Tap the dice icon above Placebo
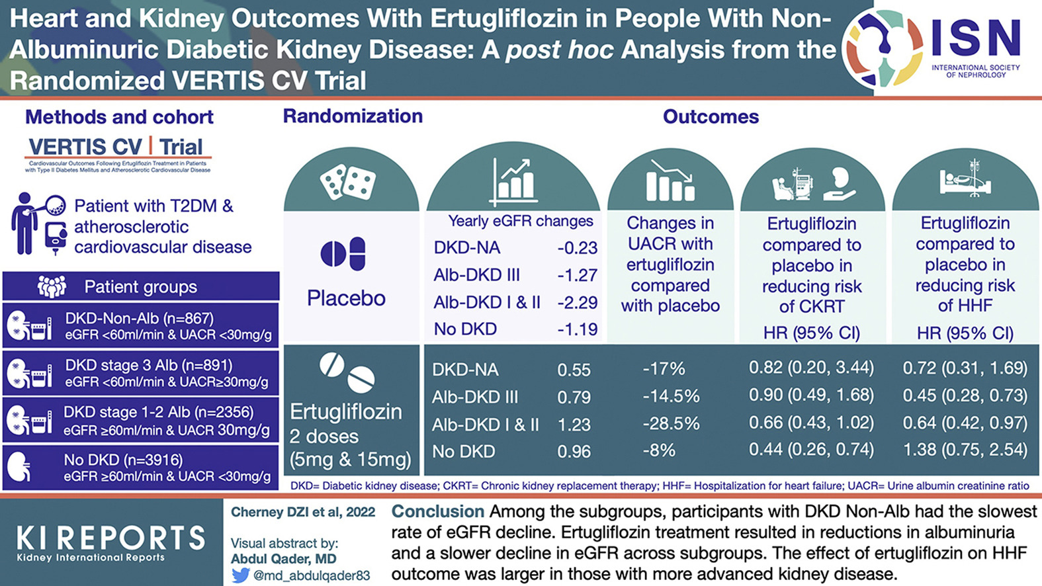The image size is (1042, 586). click(x=348, y=181)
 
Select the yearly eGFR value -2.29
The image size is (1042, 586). click(x=577, y=302)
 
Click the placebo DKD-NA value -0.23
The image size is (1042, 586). click(x=577, y=248)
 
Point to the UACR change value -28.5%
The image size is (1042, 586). click(x=671, y=424)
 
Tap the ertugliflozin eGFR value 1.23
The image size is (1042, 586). click(x=574, y=425)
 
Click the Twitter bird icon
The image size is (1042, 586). click(x=240, y=575)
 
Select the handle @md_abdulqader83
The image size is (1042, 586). click(x=312, y=575)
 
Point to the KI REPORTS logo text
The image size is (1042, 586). click(x=110, y=538)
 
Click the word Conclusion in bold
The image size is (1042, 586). click(x=438, y=511)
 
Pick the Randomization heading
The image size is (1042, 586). click(x=353, y=116)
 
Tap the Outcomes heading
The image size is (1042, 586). click(x=711, y=117)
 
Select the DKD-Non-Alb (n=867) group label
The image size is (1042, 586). click(x=139, y=318)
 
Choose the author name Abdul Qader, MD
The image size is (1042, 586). click(x=283, y=559)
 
